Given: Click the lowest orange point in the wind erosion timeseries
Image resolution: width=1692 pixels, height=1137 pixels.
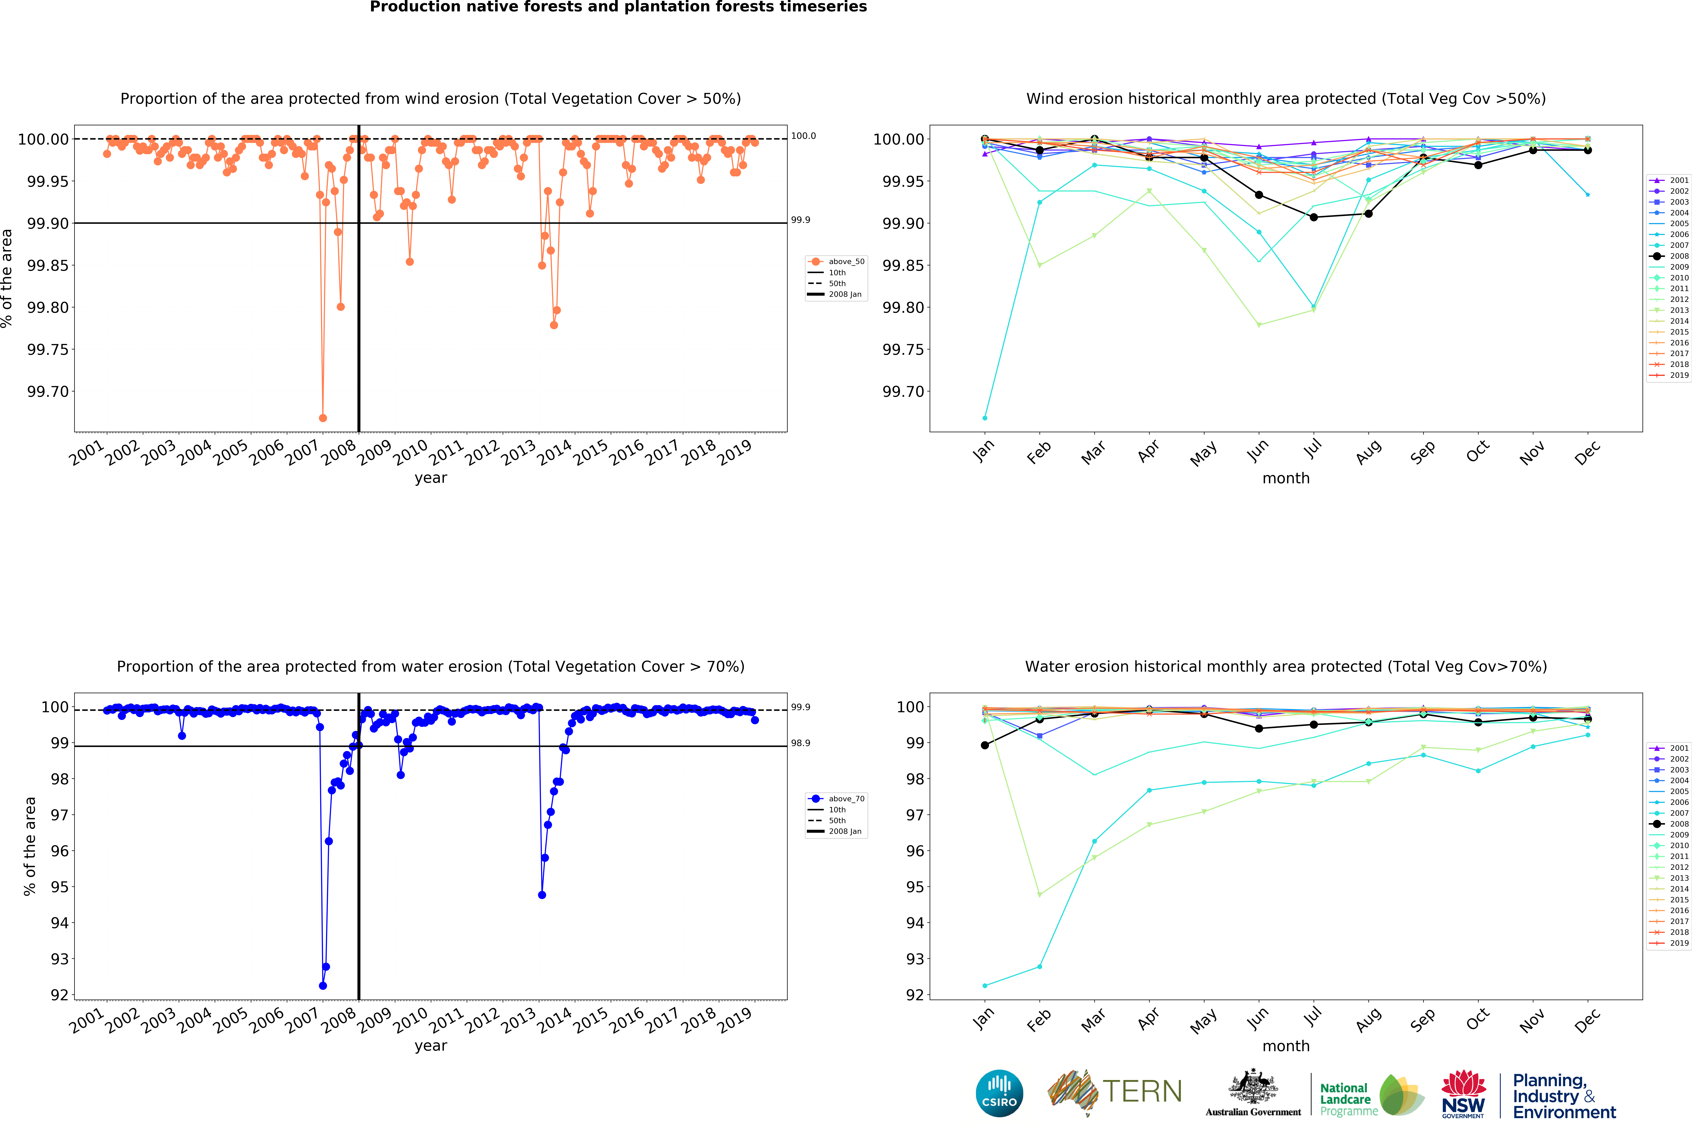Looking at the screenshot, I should click(x=323, y=418).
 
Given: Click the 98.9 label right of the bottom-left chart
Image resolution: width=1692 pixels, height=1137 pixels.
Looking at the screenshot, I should click(x=800, y=743).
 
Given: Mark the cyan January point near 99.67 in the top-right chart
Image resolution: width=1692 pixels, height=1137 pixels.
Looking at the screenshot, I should click(x=984, y=418).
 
